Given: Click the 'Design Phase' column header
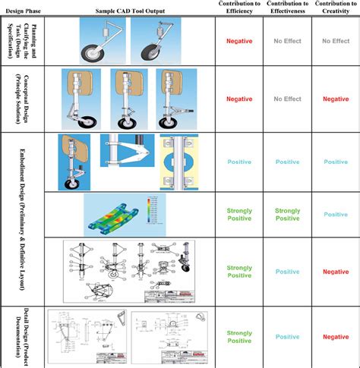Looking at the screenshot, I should (23, 11).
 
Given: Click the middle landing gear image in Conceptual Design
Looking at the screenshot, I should (126, 98).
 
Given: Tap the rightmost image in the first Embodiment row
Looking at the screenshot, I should (179, 161).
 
